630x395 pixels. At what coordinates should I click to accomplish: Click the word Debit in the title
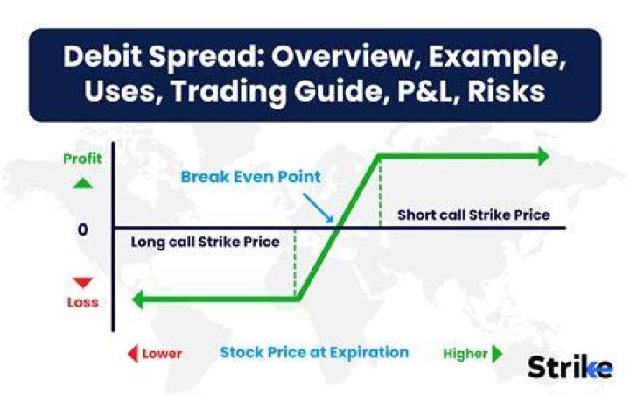pos(102,55)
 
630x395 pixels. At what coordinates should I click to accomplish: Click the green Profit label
pos(82,159)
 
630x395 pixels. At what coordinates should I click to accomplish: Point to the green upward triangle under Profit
pos(83,183)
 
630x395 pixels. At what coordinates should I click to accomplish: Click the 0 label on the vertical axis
pos(83,229)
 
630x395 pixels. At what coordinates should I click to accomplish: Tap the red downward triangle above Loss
pos(83,282)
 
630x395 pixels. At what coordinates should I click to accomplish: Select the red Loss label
pos(83,302)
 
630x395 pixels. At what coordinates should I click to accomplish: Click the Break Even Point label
pos(251,177)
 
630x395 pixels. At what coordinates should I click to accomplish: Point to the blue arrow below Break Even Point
pos(318,208)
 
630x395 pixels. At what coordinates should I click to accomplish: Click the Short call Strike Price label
pos(473,215)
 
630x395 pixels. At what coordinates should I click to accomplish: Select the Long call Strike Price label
pos(205,242)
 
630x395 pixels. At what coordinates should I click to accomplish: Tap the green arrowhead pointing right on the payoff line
pos(543,157)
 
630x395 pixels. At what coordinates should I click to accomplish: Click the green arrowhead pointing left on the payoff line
pos(138,300)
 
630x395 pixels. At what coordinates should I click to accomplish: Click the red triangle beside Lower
pos(133,354)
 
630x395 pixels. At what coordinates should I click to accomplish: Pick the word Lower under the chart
pos(163,354)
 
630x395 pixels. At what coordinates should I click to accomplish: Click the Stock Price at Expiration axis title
pos(314,353)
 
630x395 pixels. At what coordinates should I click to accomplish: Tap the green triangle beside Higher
pos(497,354)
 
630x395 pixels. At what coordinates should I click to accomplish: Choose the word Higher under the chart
pos(465,354)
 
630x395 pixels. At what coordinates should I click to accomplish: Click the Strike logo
pos(570,367)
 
